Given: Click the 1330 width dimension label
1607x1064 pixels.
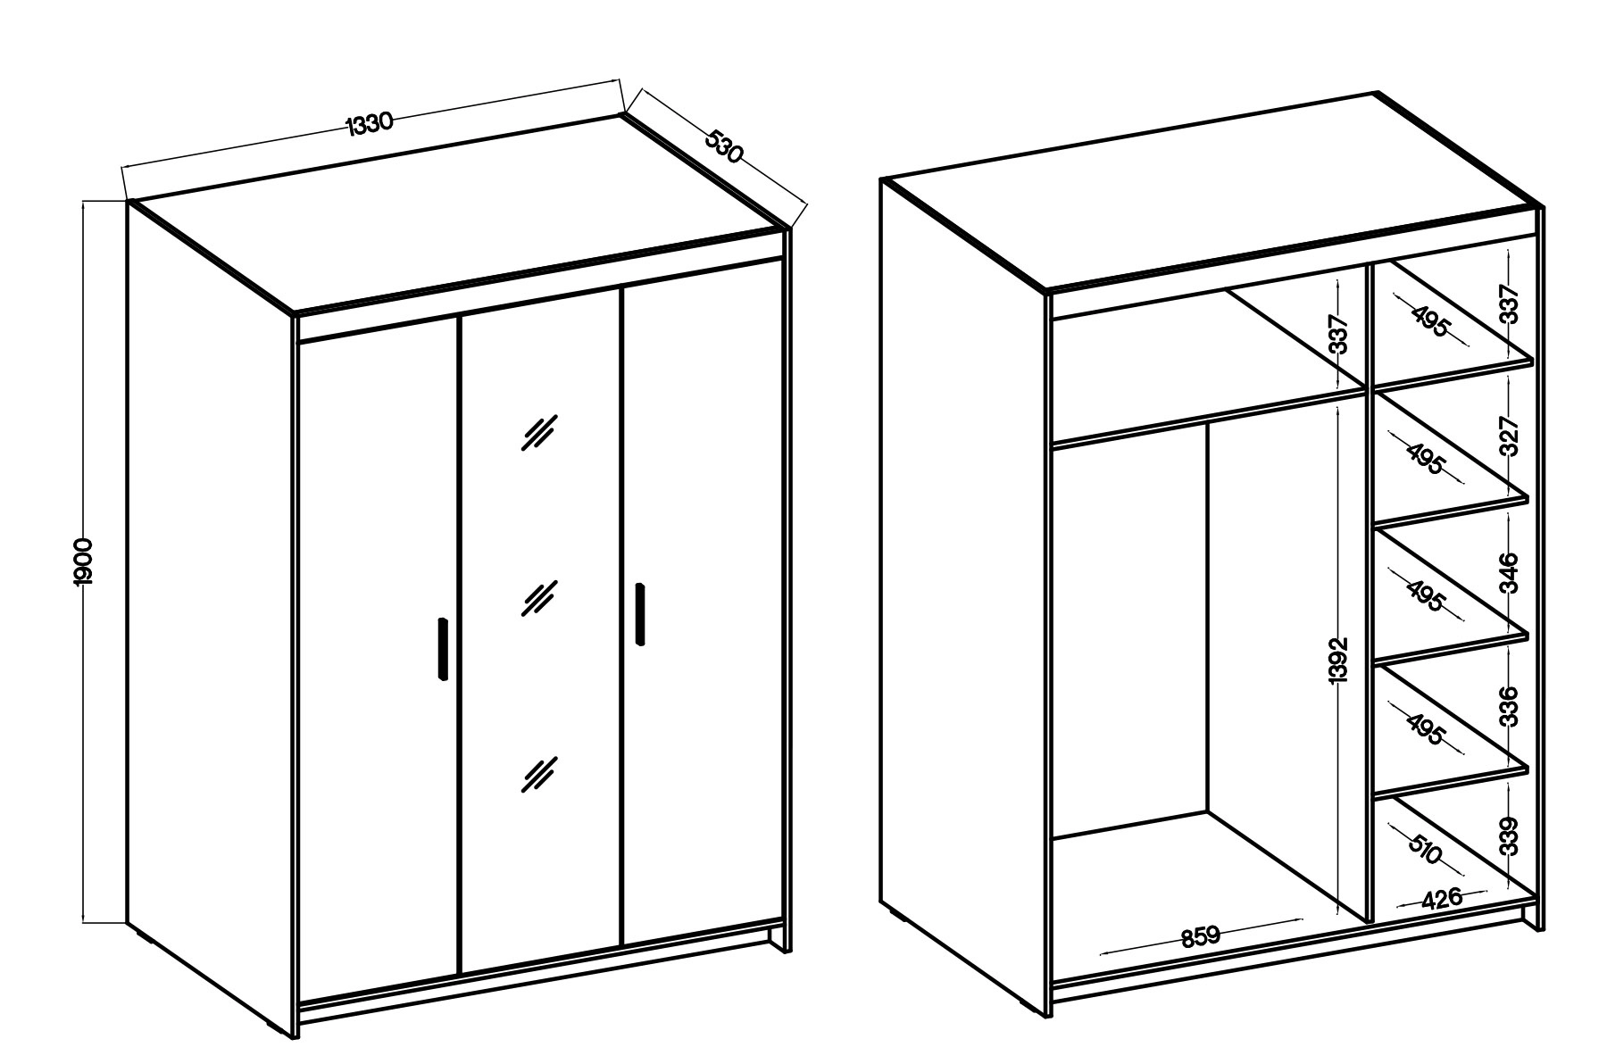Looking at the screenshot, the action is click(x=370, y=123).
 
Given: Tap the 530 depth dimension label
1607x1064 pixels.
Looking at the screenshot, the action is click(x=724, y=146).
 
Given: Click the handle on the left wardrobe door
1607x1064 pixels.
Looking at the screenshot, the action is click(x=442, y=649).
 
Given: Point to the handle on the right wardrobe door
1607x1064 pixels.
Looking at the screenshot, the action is click(x=640, y=613).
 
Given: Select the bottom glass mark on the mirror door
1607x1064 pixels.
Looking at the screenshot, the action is click(x=539, y=774).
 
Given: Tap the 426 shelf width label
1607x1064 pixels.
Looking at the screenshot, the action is click(x=1443, y=898).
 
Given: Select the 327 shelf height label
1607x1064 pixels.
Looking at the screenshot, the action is click(x=1508, y=436).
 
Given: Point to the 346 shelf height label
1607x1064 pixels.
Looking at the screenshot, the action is click(x=1508, y=573).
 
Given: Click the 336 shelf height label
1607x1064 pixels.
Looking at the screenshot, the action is click(x=1508, y=706).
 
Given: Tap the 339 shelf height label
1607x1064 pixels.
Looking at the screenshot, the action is click(x=1508, y=836).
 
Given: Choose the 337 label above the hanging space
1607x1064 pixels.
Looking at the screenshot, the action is click(x=1337, y=334).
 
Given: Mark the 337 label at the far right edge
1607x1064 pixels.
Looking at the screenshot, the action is click(x=1508, y=304).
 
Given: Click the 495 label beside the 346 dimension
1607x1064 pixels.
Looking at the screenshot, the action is click(x=1425, y=595).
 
